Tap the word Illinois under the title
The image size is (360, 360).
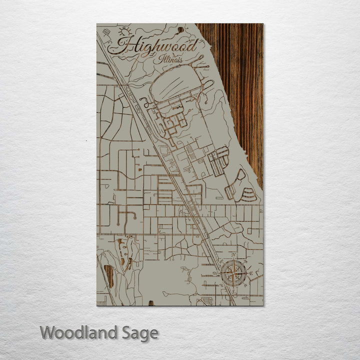pos(170,60)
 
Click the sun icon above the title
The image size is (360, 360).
pos(123,31)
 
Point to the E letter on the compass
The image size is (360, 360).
pos(251,273)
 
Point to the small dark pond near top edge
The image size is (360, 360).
pos(180,30)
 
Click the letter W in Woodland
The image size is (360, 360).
pos(48,332)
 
